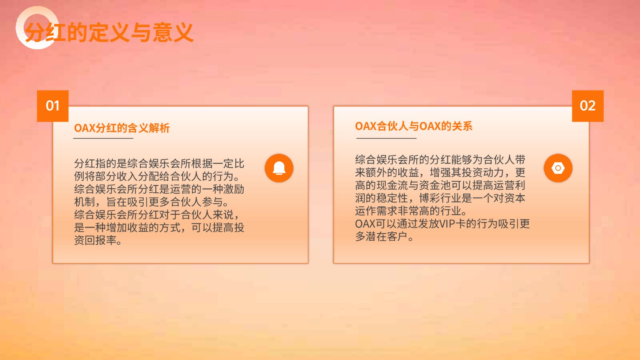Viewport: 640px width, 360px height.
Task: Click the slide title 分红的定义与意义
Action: [x=109, y=32]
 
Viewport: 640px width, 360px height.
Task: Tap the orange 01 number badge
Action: [x=52, y=106]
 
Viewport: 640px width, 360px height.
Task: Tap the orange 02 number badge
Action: [x=588, y=106]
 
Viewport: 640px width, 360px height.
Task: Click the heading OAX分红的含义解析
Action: [x=122, y=128]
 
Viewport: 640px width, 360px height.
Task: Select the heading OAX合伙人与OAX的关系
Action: [x=414, y=126]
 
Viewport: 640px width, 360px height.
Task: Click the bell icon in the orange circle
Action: [x=279, y=168]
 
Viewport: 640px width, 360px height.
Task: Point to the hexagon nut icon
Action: [x=558, y=168]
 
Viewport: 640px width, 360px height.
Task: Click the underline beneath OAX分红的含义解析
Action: [x=103, y=138]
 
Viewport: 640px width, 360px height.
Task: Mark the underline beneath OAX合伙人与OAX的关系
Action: [x=386, y=138]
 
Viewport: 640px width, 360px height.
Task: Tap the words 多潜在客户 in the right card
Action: [x=381, y=236]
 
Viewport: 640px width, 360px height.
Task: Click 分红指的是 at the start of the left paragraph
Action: [x=100, y=164]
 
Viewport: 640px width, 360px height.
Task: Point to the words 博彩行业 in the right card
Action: [x=440, y=198]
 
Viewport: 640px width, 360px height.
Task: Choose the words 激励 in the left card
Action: [x=234, y=189]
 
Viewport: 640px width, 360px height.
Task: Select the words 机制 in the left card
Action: [x=84, y=202]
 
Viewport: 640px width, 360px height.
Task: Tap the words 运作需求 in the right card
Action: [x=376, y=211]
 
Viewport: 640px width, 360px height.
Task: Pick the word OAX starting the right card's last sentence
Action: [x=365, y=224]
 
